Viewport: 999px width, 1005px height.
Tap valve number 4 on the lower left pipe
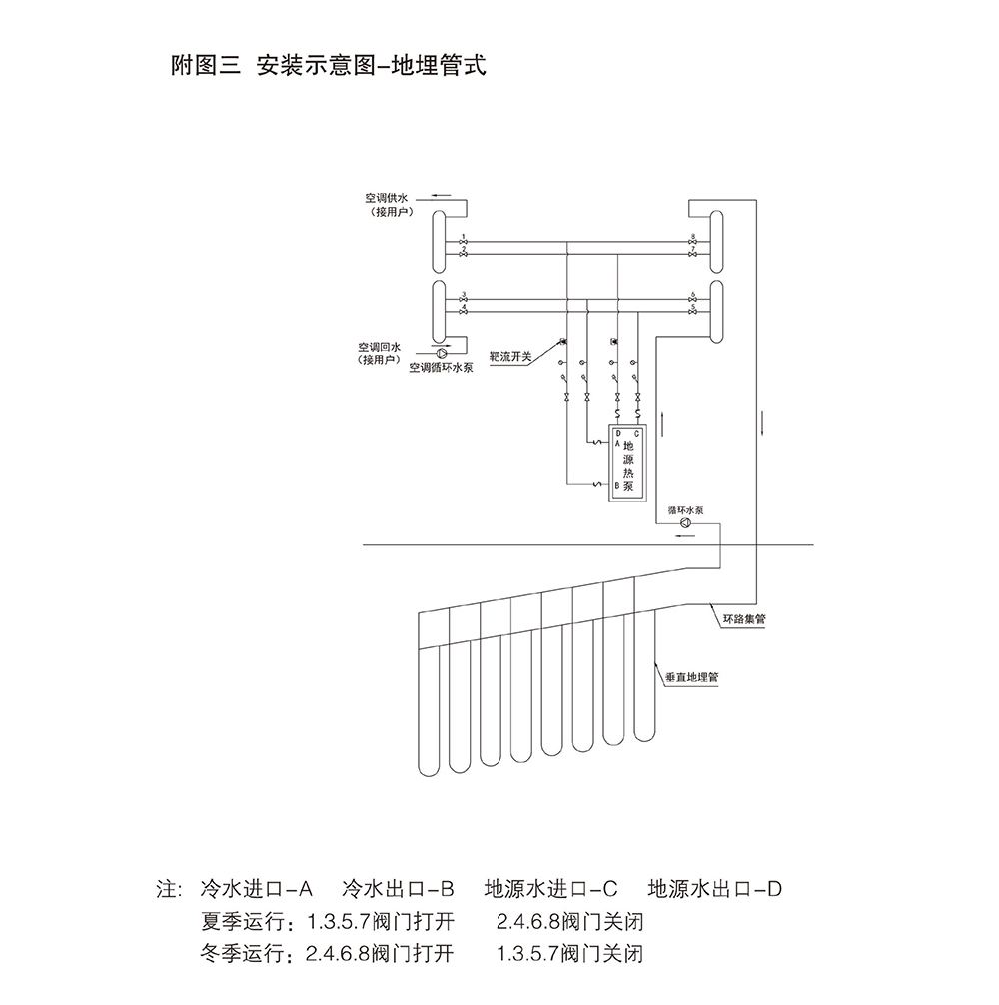(464, 312)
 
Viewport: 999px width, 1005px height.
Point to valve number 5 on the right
(693, 312)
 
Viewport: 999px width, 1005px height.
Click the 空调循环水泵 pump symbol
(441, 352)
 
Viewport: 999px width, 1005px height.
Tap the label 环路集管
(745, 619)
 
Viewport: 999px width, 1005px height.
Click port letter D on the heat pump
(619, 434)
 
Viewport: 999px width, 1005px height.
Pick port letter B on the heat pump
(619, 485)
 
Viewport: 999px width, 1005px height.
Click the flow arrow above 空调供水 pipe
(441, 195)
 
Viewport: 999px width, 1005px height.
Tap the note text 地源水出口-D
(713, 887)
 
